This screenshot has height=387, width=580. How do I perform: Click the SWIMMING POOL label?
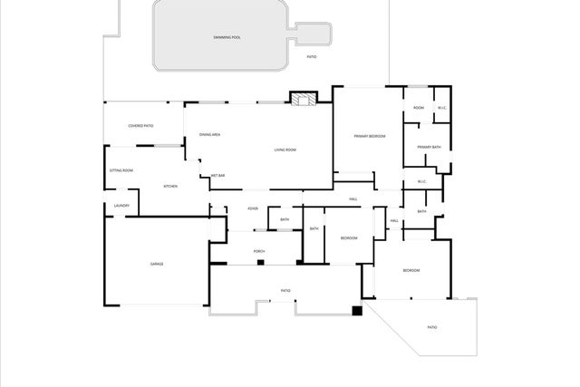227,37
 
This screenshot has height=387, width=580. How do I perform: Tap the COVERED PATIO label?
140,126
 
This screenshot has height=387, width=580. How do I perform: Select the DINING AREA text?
210,134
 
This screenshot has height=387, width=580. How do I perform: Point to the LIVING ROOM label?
285,150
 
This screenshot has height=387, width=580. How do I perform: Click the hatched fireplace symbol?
302,98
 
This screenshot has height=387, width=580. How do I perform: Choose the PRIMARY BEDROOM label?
370,136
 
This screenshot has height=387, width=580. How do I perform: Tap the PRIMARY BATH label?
429,147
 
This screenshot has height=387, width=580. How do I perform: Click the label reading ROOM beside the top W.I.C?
419,108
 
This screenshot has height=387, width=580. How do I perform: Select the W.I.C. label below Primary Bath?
422,181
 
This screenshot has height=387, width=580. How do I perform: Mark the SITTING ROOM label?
121,170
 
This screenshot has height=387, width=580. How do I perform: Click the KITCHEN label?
170,186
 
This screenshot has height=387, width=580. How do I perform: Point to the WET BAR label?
217,175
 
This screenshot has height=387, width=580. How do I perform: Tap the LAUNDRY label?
121,206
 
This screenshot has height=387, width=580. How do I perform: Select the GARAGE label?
157,264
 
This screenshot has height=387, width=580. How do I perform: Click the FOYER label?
253,208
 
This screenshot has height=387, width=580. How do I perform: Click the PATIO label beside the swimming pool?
312,57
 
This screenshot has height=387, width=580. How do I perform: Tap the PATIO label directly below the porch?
285,290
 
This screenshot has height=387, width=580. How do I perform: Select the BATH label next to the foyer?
285,219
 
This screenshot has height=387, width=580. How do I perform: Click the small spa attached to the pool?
310,34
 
